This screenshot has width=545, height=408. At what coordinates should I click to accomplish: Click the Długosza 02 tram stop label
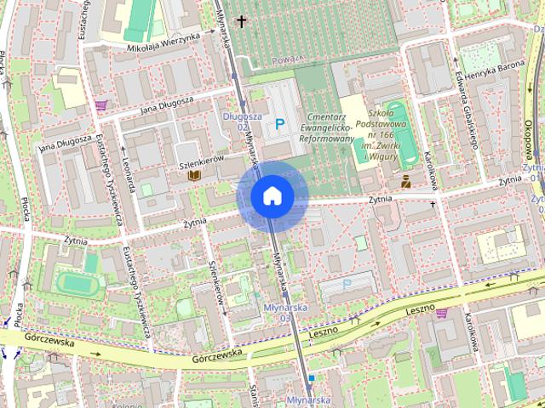tap(235, 121)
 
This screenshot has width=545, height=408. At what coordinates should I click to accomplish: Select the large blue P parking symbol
tap(280, 125)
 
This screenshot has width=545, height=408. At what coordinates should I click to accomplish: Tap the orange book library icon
tap(194, 175)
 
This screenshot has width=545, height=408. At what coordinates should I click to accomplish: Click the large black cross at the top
tap(243, 20)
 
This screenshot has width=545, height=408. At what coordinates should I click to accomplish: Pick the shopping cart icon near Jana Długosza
tap(102, 105)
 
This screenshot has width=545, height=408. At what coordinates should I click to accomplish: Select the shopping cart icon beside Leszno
tap(442, 313)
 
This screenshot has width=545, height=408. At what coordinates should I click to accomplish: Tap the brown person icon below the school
tap(405, 180)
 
